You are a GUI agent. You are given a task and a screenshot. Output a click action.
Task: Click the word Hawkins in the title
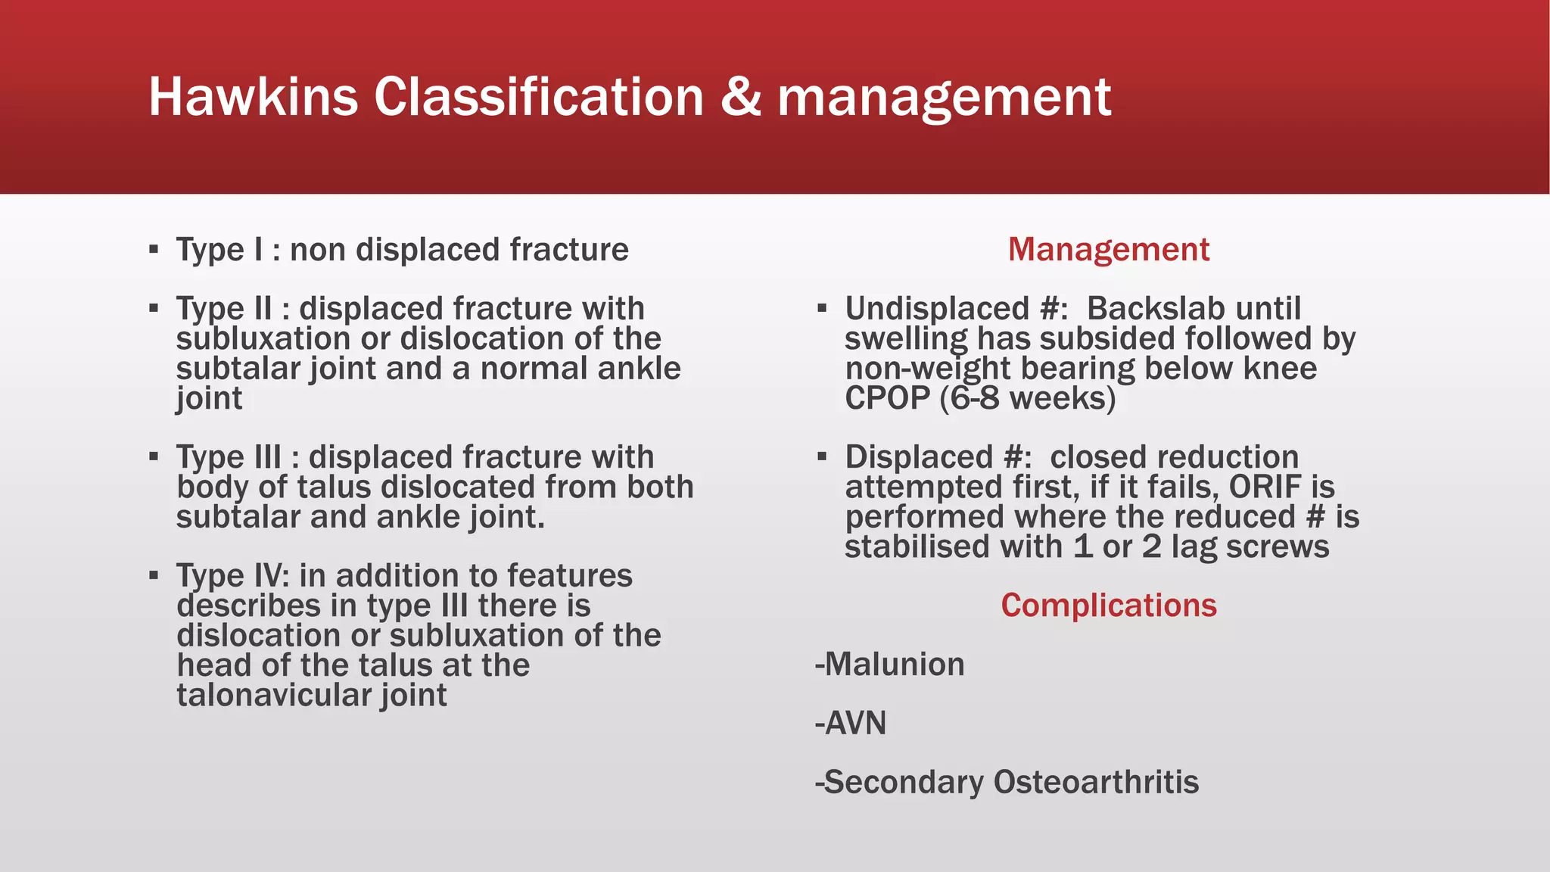pyautogui.click(x=253, y=97)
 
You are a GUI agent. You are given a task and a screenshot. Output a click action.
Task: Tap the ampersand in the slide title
pyautogui.click(x=740, y=97)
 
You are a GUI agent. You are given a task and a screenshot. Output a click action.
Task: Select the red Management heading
pyautogui.click(x=1108, y=250)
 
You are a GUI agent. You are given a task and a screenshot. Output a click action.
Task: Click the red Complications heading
pyautogui.click(x=1108, y=606)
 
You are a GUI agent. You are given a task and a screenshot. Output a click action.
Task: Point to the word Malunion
pyautogui.click(x=894, y=665)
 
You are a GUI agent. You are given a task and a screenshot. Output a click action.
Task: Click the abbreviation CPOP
pyautogui.click(x=887, y=398)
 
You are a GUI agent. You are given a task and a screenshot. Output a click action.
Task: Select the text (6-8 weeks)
pyautogui.click(x=1027, y=398)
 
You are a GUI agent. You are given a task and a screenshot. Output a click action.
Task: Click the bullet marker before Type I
pyautogui.click(x=154, y=249)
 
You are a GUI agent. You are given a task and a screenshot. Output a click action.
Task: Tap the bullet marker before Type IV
pyautogui.click(x=154, y=575)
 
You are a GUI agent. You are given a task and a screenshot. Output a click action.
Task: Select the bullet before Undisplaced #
pyautogui.click(x=822, y=308)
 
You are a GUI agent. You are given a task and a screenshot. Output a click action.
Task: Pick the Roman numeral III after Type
pyautogui.click(x=257, y=458)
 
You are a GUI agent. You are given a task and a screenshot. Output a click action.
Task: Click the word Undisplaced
pyautogui.click(x=936, y=309)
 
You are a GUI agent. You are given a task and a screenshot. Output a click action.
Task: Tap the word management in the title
pyautogui.click(x=944, y=98)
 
